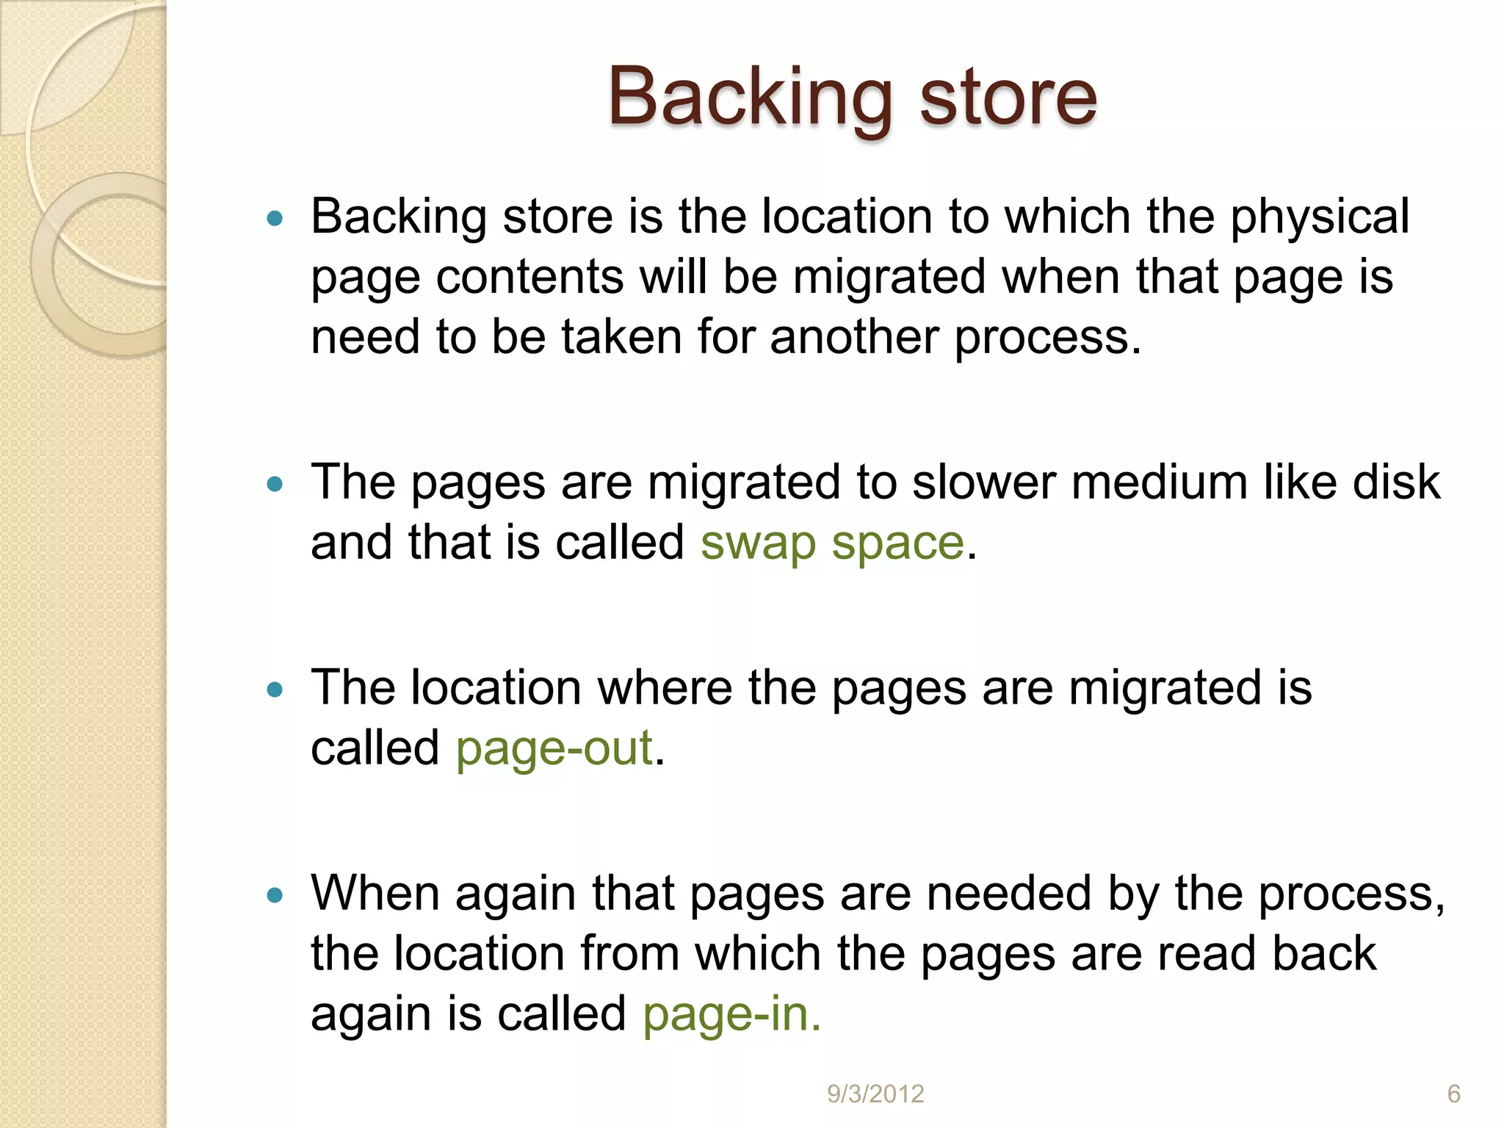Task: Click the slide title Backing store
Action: pyautogui.click(x=852, y=97)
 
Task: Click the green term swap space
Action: pyautogui.click(x=831, y=543)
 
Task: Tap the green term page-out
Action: pyautogui.click(x=554, y=749)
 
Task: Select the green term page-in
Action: pyautogui.click(x=731, y=1015)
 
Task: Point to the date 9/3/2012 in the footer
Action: pyautogui.click(x=875, y=1094)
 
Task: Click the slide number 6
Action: pyautogui.click(x=1453, y=1094)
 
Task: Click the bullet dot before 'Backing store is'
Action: pyautogui.click(x=275, y=218)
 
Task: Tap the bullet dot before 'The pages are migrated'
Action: pyautogui.click(x=275, y=484)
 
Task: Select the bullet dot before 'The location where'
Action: pyautogui.click(x=275, y=690)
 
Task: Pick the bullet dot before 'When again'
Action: pyautogui.click(x=275, y=895)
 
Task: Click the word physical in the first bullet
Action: pyautogui.click(x=1320, y=218)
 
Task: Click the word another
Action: pyautogui.click(x=853, y=338)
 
